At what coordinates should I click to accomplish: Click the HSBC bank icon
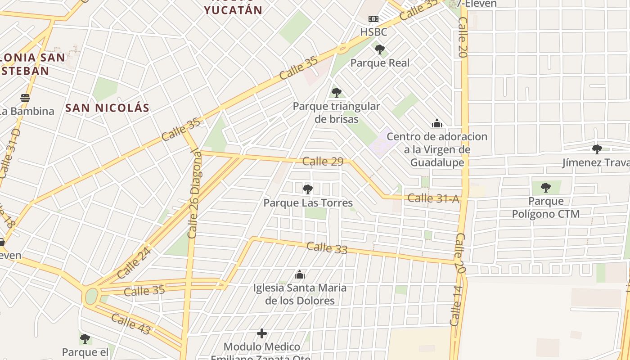(373, 19)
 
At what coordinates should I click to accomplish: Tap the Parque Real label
(380, 63)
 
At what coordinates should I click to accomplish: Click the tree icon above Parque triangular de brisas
(336, 93)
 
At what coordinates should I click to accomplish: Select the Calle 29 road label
(323, 162)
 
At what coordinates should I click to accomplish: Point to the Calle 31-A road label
(433, 198)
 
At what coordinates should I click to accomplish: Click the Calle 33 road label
(327, 247)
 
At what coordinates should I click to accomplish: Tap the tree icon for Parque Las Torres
(308, 189)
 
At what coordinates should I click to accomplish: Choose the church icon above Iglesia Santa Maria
(300, 274)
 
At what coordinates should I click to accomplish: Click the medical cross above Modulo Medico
(262, 333)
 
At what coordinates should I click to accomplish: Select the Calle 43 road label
(130, 324)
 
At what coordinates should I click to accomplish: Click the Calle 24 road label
(134, 263)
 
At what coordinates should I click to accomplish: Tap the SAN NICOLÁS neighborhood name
(107, 108)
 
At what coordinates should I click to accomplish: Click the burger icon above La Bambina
(25, 98)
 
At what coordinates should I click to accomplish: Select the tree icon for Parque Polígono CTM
(546, 187)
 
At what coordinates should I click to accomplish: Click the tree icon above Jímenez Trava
(597, 149)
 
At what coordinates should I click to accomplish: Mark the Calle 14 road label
(455, 306)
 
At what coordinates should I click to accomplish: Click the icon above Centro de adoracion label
(436, 123)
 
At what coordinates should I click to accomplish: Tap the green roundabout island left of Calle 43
(91, 296)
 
